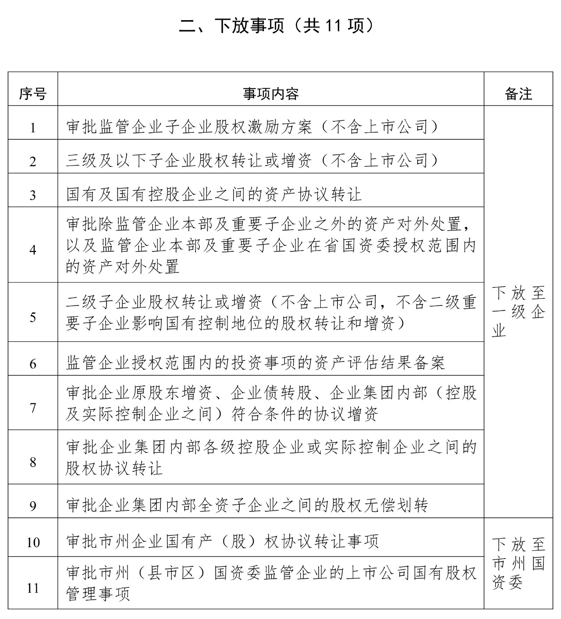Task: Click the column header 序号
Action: coord(32,93)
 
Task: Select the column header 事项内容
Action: coord(271,93)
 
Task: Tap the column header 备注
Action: coord(518,93)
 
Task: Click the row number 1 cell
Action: coord(32,128)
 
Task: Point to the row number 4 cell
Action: coord(32,250)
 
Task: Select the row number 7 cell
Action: coord(32,408)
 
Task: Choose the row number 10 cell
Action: coord(32,542)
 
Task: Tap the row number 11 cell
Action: coord(32,587)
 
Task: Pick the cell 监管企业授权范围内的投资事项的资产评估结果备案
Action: coord(256,363)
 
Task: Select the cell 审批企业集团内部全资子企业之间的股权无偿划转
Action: coord(247,506)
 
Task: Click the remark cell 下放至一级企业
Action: coord(518,311)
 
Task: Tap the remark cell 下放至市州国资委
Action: coord(518,563)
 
